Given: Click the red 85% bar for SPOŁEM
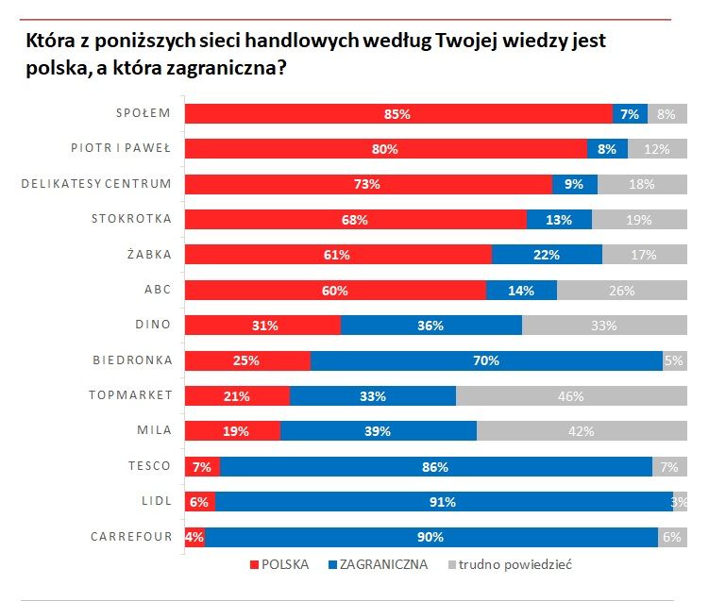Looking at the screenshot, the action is [398, 113].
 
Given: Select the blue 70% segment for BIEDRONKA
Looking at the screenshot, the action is [486, 360].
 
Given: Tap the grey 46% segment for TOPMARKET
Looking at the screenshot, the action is [571, 396].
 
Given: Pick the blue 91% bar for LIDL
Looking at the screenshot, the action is [444, 502].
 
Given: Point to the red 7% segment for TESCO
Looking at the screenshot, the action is [203, 466].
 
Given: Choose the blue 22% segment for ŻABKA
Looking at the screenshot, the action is [548, 255].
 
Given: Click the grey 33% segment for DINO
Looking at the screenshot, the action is [604, 325].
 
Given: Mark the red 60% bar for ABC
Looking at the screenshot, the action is [335, 290].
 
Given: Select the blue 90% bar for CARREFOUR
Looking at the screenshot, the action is [431, 537].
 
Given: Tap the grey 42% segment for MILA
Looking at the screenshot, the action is [582, 430].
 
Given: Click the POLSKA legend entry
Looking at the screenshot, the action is [279, 564].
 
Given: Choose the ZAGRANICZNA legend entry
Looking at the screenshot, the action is [378, 564].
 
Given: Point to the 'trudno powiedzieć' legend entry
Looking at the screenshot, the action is [510, 564].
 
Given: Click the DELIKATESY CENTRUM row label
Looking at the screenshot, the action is [96, 184].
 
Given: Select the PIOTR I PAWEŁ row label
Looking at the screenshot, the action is [121, 148].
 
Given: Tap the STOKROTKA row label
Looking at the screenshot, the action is [131, 219].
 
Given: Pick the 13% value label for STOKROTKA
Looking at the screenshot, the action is [559, 220].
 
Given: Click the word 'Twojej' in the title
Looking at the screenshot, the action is [466, 42].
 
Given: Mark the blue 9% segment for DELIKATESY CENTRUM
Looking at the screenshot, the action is [575, 184].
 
